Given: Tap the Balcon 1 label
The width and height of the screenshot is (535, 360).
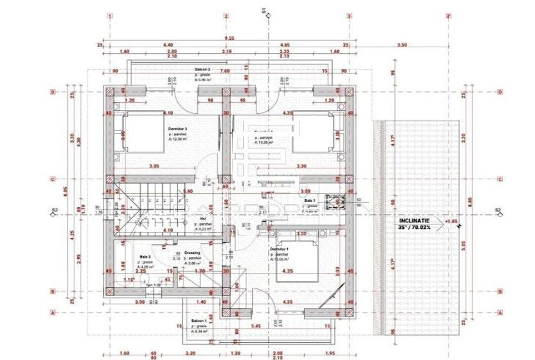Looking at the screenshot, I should (198, 320).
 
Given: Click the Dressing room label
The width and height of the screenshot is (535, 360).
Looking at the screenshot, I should (192, 253).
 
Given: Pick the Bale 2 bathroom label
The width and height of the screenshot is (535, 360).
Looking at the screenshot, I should (145, 257).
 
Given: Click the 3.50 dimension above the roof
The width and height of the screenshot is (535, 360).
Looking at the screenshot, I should (402, 45).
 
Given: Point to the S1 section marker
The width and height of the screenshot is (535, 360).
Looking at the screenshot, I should (264, 10).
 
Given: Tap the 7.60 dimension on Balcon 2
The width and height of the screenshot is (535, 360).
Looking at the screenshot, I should (225, 72).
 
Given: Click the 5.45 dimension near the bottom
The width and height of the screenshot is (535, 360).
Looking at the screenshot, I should (255, 326).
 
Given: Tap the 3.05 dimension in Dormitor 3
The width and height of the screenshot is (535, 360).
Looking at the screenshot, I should (153, 166).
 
